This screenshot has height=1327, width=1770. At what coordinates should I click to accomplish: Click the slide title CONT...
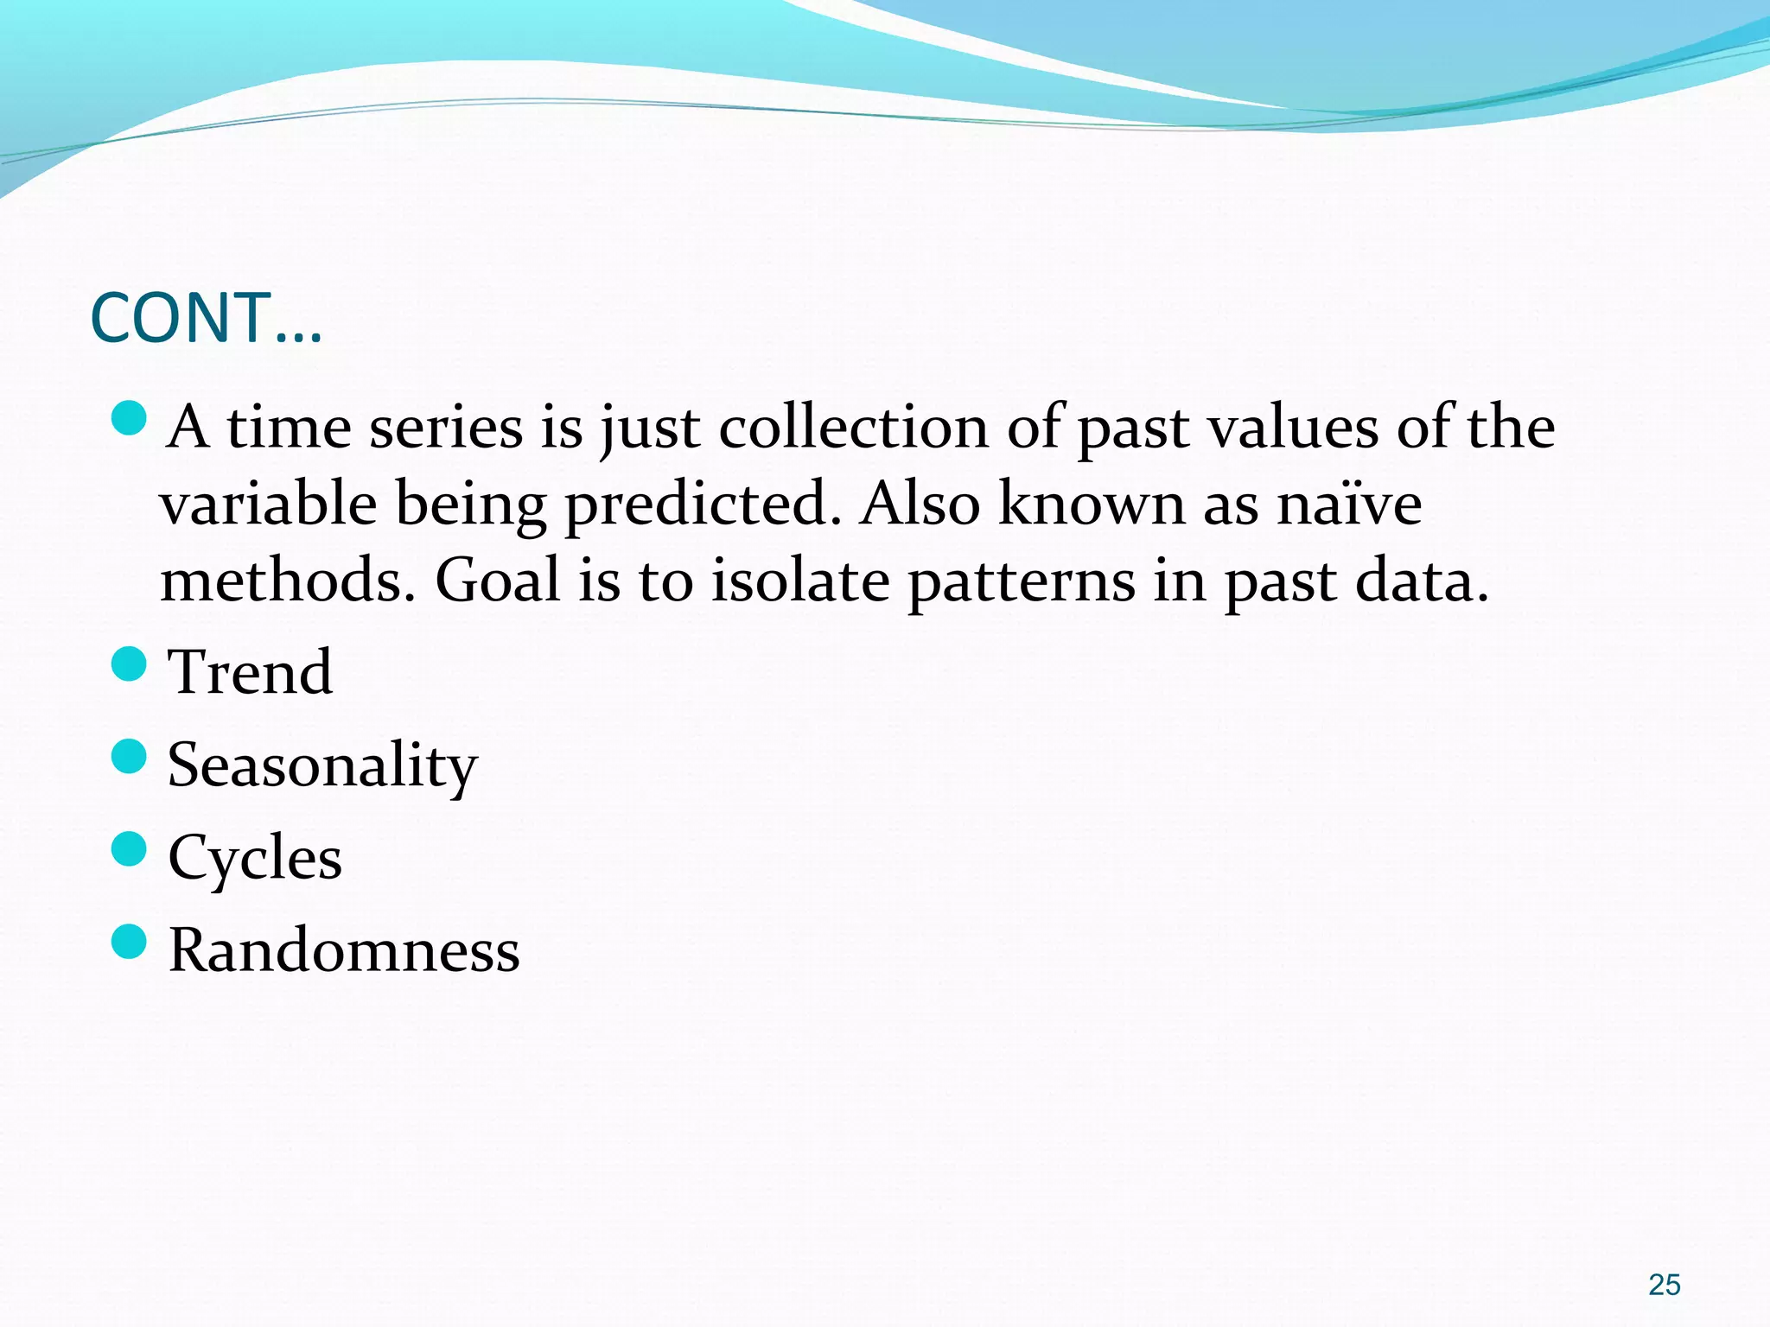click(x=206, y=318)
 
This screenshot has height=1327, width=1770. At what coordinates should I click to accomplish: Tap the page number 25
click(x=1664, y=1285)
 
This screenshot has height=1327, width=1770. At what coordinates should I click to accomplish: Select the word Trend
click(x=250, y=672)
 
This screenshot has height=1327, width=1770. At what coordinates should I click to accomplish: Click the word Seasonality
click(x=322, y=766)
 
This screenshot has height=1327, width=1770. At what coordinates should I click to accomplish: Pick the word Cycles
click(x=255, y=858)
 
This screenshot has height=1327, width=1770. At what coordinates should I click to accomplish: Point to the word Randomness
click(x=344, y=950)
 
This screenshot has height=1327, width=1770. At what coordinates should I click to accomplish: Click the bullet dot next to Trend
click(x=130, y=664)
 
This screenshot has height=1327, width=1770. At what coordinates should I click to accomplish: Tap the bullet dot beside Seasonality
click(x=130, y=757)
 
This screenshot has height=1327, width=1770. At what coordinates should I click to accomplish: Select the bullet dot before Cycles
click(x=130, y=849)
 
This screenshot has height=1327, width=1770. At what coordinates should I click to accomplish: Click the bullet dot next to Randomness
click(x=130, y=942)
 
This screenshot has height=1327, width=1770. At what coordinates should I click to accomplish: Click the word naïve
click(x=1349, y=504)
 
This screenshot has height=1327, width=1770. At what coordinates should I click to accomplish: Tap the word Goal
click(x=497, y=581)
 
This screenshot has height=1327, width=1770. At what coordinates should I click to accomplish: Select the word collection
click(x=853, y=428)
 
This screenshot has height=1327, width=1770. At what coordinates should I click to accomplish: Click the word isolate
click(x=800, y=581)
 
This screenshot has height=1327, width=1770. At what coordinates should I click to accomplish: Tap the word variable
click(x=268, y=504)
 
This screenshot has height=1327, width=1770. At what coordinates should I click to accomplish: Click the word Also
click(x=920, y=504)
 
